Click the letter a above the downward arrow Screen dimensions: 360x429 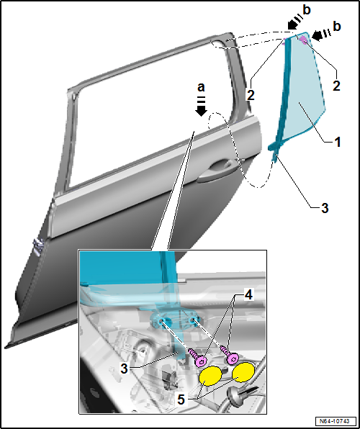[x=201, y=88]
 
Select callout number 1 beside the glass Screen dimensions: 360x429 [x=338, y=143]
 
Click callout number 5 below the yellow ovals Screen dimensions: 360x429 [x=181, y=400]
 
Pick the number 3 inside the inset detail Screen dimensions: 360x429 [x=124, y=369]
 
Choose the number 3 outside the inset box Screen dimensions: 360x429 [x=325, y=209]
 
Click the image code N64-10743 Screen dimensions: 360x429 [x=336, y=420]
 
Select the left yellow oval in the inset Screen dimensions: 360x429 [x=210, y=376]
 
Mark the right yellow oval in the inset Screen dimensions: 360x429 [x=243, y=372]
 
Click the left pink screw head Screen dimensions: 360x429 [x=201, y=361]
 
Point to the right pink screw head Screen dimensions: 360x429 [x=233, y=358]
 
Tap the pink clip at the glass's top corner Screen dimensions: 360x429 [x=304, y=40]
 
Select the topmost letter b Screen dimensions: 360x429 [x=307, y=10]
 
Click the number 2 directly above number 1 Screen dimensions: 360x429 [x=336, y=86]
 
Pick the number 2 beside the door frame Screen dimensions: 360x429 [x=251, y=96]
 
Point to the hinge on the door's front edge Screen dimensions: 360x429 [x=37, y=247]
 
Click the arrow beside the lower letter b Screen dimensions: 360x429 [x=321, y=35]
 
